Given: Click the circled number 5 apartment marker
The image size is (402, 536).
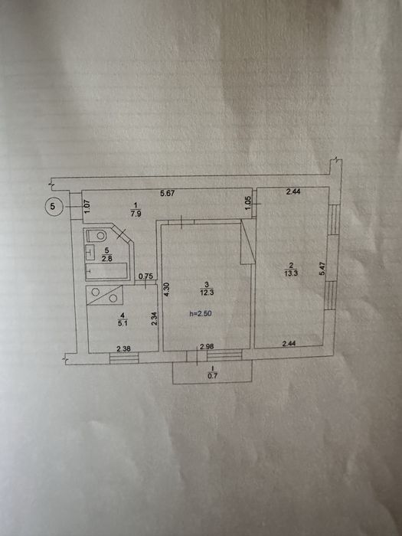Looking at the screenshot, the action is click(x=54, y=206).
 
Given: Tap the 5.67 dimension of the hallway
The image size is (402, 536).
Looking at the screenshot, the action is click(x=168, y=194).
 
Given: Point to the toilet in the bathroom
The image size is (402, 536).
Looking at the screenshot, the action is click(x=97, y=236).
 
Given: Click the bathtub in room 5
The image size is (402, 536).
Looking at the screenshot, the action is click(x=106, y=271).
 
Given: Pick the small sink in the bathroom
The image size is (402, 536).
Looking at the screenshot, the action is click(x=90, y=252).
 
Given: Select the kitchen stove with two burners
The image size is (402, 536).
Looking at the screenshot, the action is click(x=105, y=296).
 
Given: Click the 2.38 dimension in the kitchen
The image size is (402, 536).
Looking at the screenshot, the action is click(x=123, y=349).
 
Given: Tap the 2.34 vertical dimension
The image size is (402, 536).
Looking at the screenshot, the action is click(x=154, y=319).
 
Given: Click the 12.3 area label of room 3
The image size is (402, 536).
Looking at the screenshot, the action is click(x=207, y=293).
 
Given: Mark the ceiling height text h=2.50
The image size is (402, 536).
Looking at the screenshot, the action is click(x=201, y=313).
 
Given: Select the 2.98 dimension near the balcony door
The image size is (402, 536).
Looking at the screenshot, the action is click(x=207, y=347).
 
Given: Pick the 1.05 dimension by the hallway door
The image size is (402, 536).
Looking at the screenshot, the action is click(x=249, y=204).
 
